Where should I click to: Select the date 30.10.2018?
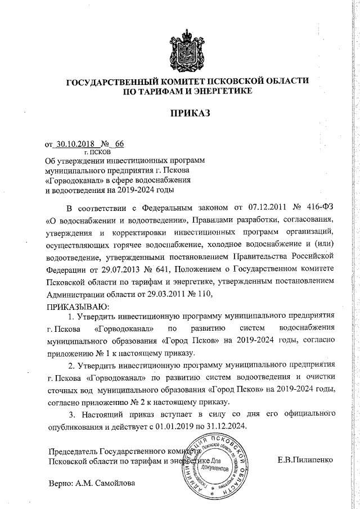coord(73,143)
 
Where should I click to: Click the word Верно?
coord(60,483)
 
